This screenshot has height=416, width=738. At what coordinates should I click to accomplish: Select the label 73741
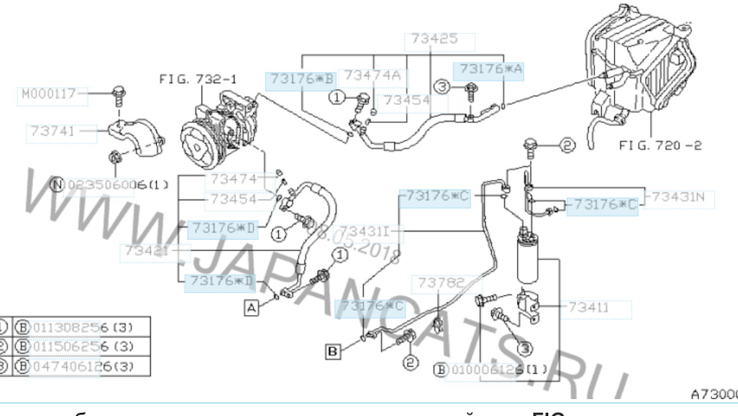tap(53, 131)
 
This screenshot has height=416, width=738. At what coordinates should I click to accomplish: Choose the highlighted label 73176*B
tap(301, 78)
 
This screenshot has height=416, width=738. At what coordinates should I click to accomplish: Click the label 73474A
tap(372, 75)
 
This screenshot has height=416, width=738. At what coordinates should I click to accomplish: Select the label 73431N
tap(677, 196)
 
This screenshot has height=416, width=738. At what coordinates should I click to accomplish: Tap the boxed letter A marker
tap(251, 308)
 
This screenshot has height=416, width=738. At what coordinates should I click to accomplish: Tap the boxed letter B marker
tap(332, 352)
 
